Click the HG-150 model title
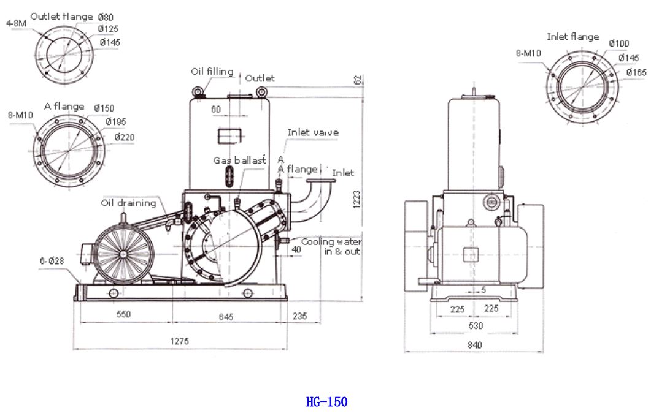[326, 402]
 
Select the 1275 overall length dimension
[180, 341]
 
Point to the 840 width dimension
[474, 345]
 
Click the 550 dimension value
[123, 314]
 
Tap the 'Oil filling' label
[212, 72]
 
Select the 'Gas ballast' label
[239, 160]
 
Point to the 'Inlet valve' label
[313, 132]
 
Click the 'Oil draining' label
[129, 203]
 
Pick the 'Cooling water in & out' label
[331, 246]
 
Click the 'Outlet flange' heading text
[61, 17]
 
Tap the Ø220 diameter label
[124, 137]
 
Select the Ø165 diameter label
[636, 72]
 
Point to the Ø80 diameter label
[106, 17]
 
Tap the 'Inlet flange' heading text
[572, 37]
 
